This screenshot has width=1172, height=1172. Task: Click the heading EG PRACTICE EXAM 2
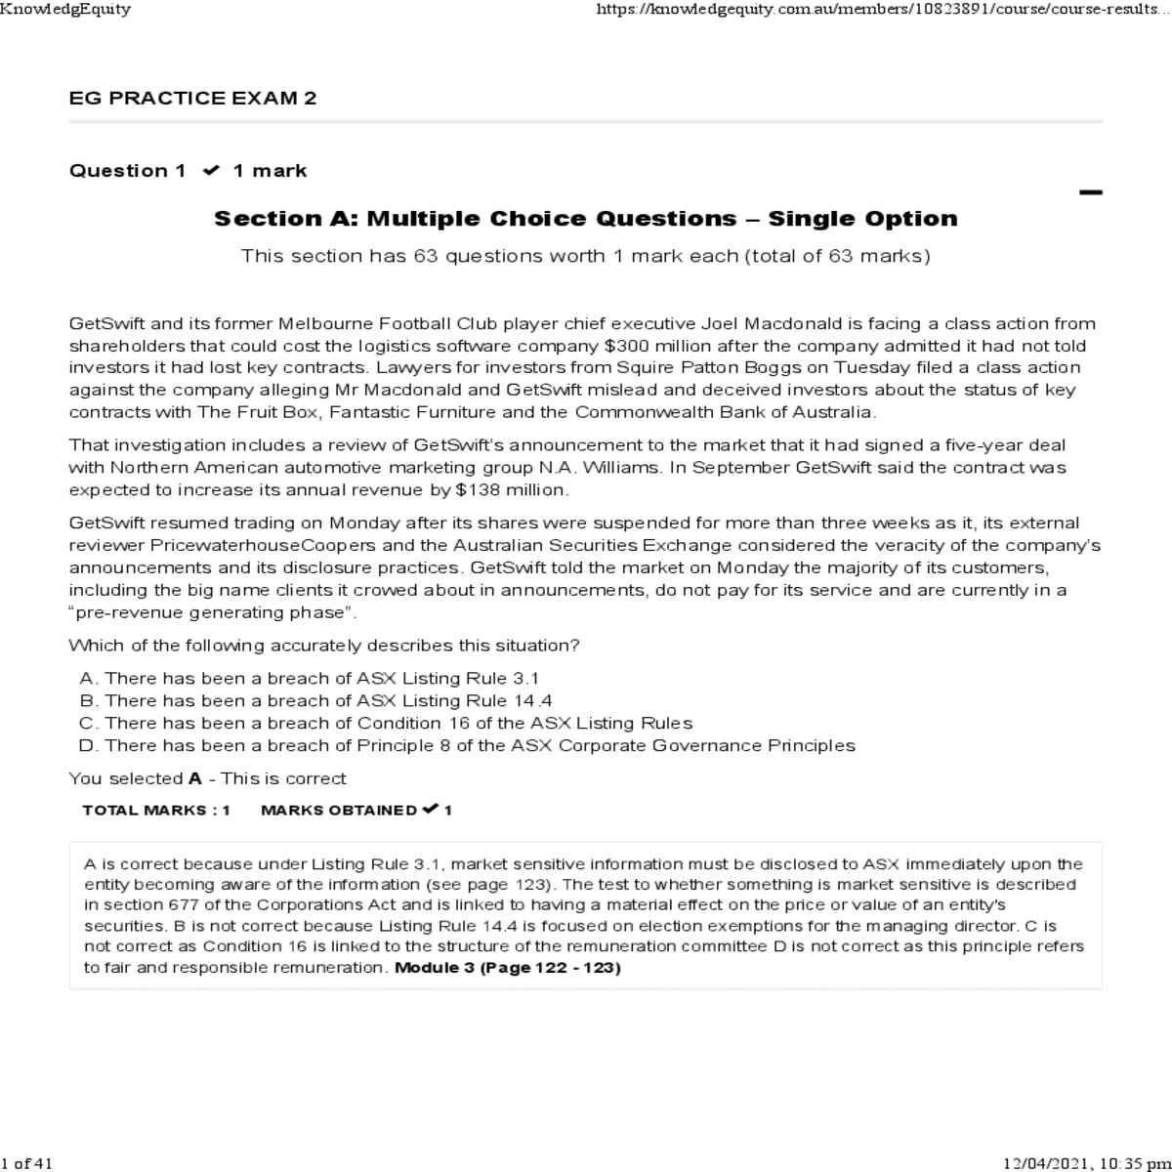click(192, 99)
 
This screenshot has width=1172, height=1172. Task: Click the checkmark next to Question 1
click(210, 171)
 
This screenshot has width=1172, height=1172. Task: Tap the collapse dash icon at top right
click(1090, 192)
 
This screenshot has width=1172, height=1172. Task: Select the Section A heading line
click(585, 219)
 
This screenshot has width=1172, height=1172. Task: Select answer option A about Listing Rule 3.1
click(310, 678)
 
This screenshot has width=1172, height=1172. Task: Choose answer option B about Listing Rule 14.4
click(316, 700)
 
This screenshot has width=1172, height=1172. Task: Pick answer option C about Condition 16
click(386, 723)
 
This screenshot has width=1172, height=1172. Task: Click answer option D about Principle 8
click(467, 745)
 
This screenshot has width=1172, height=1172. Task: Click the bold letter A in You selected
click(194, 778)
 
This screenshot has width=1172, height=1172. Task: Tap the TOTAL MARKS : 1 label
click(156, 810)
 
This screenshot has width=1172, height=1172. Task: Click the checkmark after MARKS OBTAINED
click(429, 809)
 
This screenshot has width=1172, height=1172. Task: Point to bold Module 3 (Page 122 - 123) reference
click(507, 968)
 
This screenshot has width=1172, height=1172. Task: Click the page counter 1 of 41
click(26, 1163)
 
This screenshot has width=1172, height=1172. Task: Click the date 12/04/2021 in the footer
click(1047, 1163)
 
